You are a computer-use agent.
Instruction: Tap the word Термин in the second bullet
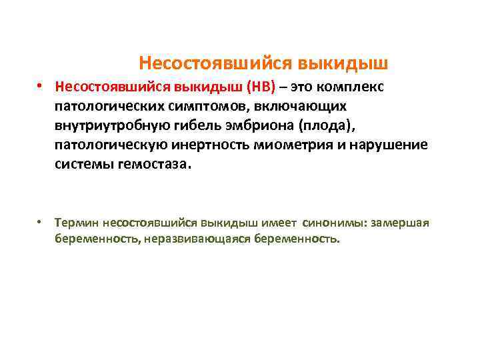76,223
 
